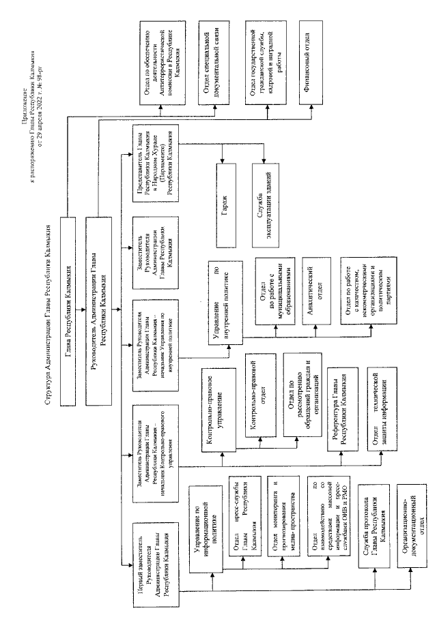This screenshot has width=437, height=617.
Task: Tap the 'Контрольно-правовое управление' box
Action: [217, 405]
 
